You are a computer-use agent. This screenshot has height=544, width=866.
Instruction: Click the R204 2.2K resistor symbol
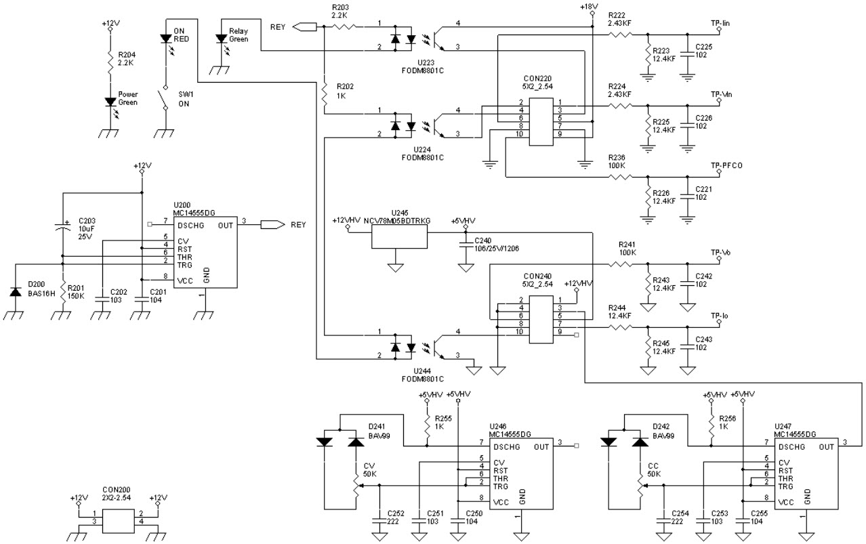108,62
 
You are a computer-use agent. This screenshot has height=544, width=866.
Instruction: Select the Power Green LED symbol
109,102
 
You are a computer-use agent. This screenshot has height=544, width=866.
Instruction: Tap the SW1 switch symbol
163,99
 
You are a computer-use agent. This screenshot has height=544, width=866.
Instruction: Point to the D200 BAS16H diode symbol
15,291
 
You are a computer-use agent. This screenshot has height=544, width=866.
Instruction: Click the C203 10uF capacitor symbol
62,228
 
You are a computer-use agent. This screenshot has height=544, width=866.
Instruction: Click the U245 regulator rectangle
400,236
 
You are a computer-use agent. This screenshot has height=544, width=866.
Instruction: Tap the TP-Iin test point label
720,24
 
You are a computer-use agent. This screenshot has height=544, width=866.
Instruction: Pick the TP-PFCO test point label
725,165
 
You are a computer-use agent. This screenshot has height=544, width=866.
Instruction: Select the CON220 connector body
540,122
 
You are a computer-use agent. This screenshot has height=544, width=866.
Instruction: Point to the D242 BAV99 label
661,431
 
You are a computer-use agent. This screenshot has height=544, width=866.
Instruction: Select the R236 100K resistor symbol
621,177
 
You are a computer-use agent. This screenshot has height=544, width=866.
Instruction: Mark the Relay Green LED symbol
220,39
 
